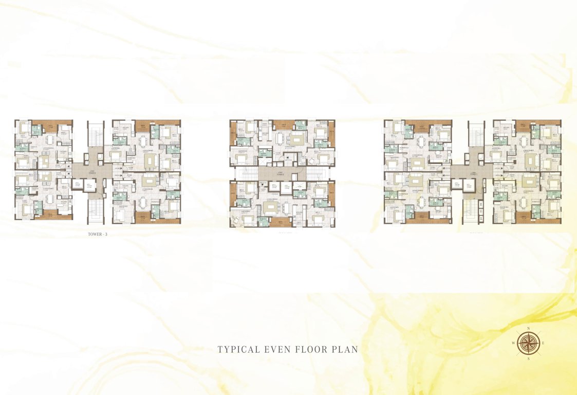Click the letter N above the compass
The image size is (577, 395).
528,328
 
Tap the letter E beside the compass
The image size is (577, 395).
543,343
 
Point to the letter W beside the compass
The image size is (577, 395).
513,343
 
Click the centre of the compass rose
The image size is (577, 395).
528,343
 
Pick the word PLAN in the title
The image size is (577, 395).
345,350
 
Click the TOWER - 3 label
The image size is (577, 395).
98,235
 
